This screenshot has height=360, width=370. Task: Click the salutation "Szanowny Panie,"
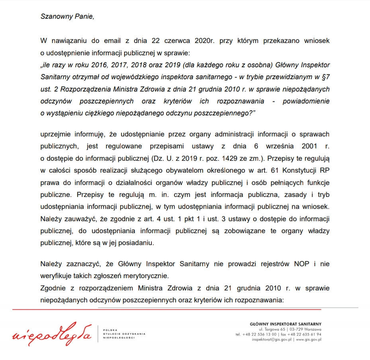[67, 17]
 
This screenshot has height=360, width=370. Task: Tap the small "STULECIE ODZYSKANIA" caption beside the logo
[124, 333]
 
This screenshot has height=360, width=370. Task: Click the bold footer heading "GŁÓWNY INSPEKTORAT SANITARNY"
[286, 324]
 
